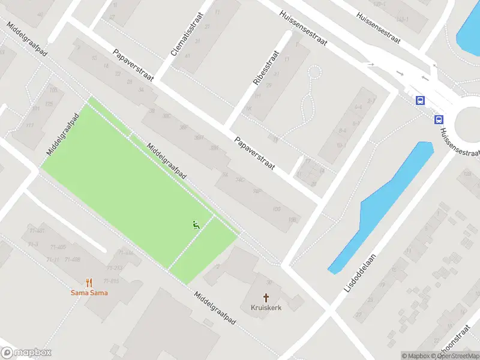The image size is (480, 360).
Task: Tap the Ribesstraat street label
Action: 266,67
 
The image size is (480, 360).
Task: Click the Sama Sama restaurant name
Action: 89,293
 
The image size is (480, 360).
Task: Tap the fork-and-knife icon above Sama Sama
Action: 89,283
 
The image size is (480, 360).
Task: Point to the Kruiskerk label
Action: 266,307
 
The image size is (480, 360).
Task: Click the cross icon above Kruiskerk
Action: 266,297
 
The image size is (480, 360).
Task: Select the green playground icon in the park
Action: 196,225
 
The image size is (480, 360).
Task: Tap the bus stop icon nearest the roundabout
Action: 439,119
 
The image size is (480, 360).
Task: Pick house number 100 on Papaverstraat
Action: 276,209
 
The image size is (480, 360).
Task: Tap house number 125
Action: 49,104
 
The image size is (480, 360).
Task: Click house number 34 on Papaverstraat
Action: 141,90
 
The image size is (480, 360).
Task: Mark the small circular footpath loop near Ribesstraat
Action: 314,73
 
